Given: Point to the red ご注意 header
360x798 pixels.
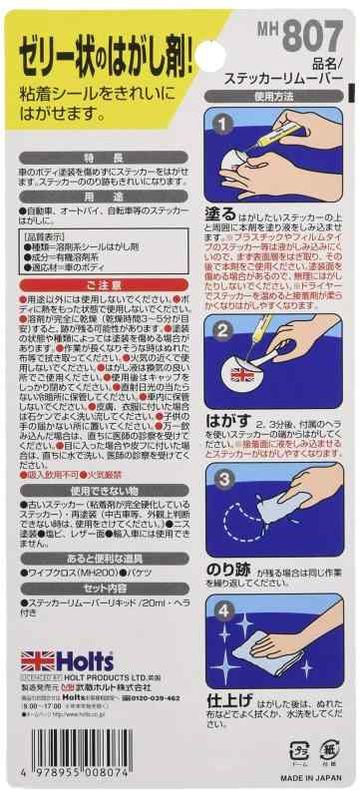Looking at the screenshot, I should click(97, 287).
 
